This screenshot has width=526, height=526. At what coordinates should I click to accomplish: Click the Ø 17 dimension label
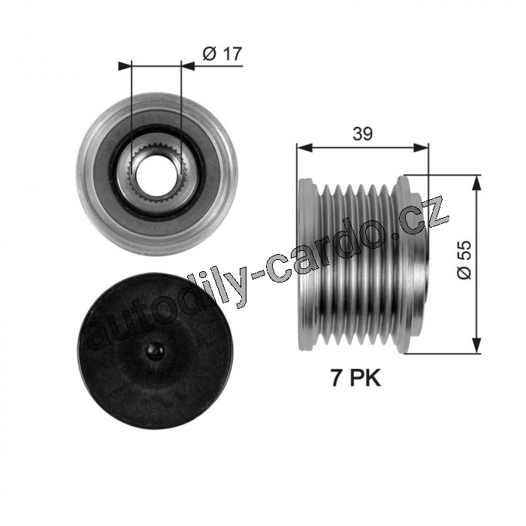point(222,53)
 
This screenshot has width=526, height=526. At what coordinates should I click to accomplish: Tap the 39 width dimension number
point(363,134)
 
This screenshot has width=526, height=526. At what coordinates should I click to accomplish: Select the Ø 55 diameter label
point(464,260)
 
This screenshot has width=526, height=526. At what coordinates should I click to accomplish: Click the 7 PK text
point(357,379)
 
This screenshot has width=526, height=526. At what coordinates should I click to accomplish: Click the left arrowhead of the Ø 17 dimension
point(125,66)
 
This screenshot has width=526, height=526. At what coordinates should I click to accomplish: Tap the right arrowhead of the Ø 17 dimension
point(188,66)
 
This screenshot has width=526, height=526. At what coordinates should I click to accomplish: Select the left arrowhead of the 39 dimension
point(304,147)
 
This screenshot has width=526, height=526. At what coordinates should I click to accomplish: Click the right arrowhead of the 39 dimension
point(421,147)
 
